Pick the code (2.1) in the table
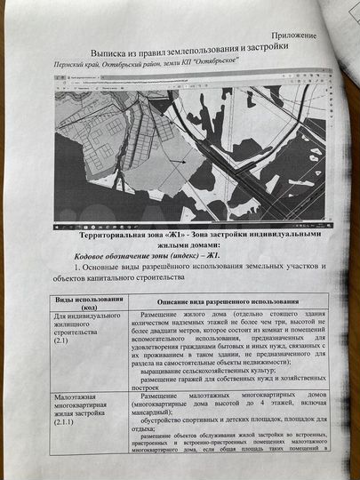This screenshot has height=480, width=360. click(x=62, y=340)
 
